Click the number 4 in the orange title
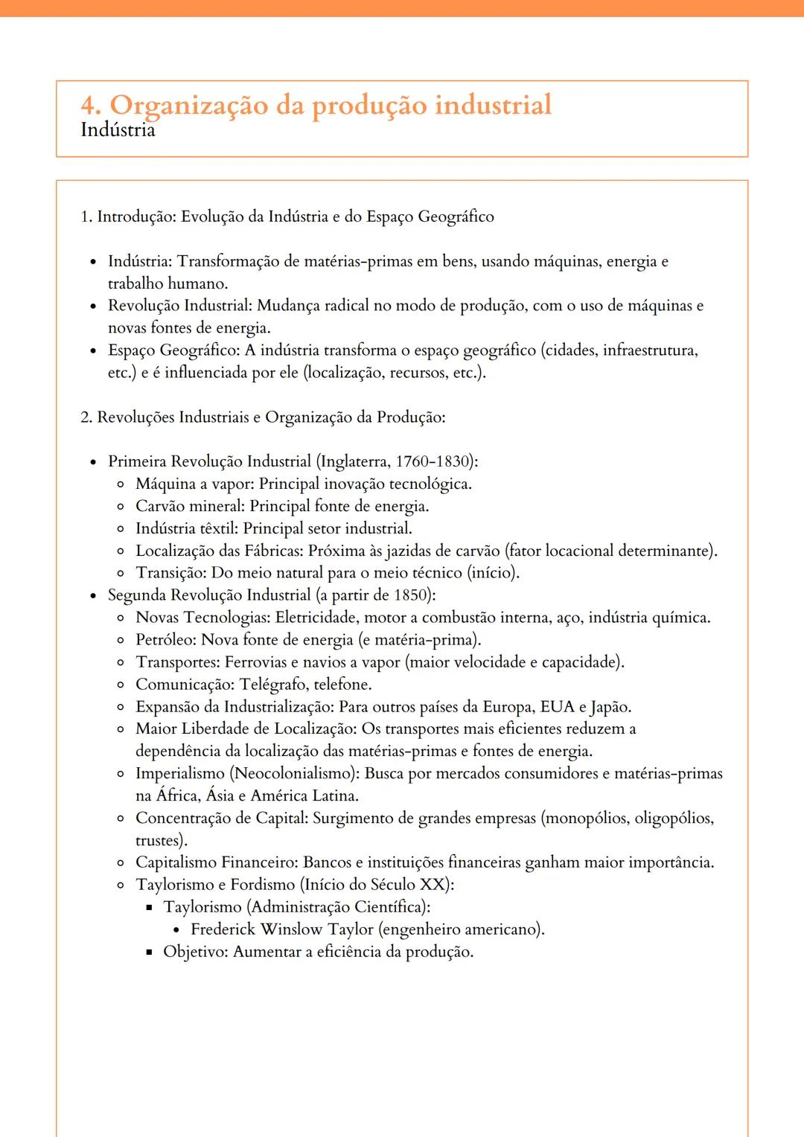coord(90,106)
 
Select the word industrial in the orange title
coord(493,105)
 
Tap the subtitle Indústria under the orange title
coord(118,130)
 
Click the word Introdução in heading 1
coord(137,217)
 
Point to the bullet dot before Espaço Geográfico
coord(93,350)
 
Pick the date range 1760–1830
coord(433,461)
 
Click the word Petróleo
coord(165,640)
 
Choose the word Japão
coord(610,707)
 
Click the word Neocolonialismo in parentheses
coord(293,774)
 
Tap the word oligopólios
coord(674,819)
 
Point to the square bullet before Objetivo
coord(149,952)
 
